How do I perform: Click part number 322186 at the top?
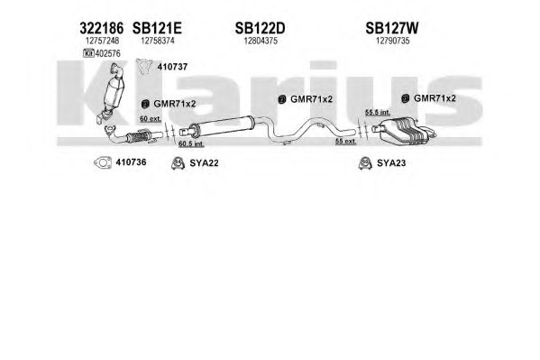pyautogui.click(x=101, y=28)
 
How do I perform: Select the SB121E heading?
pyautogui.click(x=157, y=28)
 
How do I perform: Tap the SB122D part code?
pyautogui.click(x=260, y=28)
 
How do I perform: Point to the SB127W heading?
pyautogui.click(x=392, y=28)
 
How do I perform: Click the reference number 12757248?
pyautogui.click(x=102, y=41)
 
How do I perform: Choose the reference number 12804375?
pyautogui.click(x=261, y=41)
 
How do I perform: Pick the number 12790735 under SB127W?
pyautogui.click(x=392, y=41)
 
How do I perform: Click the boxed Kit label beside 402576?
pyautogui.click(x=89, y=53)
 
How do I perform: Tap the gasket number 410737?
pyautogui.click(x=172, y=67)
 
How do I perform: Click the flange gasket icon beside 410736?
pyautogui.click(x=103, y=162)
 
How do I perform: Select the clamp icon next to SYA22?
pyautogui.click(x=178, y=163)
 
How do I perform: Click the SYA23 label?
pyautogui.click(x=391, y=162)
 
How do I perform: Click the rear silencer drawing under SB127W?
pyautogui.click(x=403, y=130)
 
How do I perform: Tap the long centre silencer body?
pyautogui.click(x=222, y=125)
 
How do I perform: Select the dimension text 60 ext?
pyautogui.click(x=151, y=119)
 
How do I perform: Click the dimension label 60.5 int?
pyautogui.click(x=191, y=143)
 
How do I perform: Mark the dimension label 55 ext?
pyautogui.click(x=346, y=141)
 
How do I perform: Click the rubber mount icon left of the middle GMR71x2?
pyautogui.click(x=281, y=99)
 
